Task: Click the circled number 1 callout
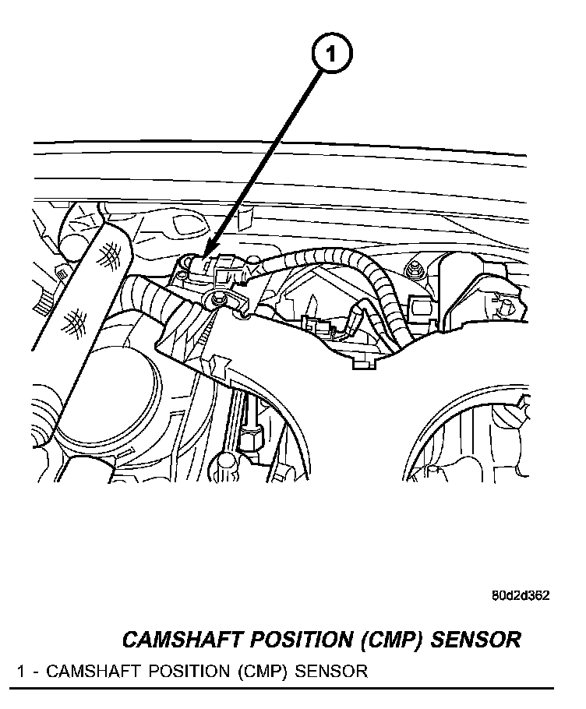click(x=332, y=55)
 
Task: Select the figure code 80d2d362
click(x=521, y=597)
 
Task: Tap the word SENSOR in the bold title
click(x=475, y=640)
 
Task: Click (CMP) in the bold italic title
click(x=390, y=640)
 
